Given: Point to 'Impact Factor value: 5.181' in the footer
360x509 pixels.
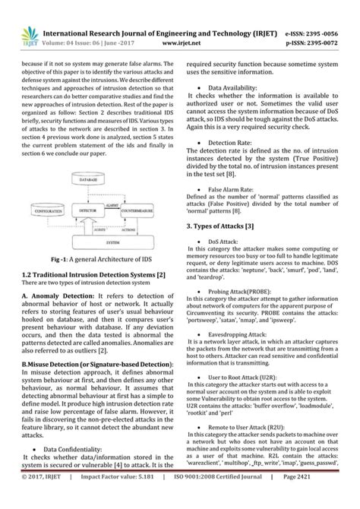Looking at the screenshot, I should pyautogui.click(x=111, y=498).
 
